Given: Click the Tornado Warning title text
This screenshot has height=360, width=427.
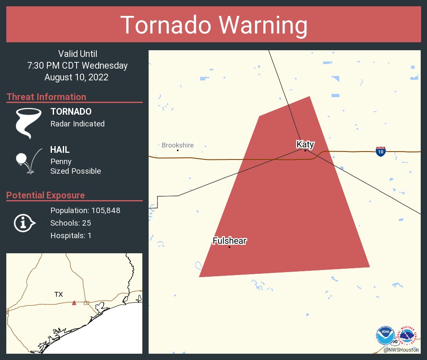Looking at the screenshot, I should (213, 25).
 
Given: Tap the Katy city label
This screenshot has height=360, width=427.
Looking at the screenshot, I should (305, 144).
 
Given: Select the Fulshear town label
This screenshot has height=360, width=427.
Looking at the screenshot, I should (229, 241).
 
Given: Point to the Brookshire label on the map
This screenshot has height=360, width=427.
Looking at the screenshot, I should (177, 145).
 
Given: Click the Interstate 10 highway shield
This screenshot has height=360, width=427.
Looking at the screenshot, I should (381, 152).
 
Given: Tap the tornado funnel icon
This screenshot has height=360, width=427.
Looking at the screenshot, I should (28, 123).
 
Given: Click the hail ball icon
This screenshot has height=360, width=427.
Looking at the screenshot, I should (22, 159).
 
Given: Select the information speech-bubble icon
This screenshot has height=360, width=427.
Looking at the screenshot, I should (25, 223).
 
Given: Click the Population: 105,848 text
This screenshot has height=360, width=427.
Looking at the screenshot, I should (85, 211).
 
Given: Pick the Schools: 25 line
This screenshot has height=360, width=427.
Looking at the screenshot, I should (70, 223).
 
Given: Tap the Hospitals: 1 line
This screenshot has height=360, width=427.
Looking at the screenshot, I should (71, 236).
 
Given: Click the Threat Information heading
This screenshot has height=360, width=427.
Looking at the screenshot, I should (46, 97).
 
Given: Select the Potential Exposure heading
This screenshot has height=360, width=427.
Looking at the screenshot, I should (46, 195).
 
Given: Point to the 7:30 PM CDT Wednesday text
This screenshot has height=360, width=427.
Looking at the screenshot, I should (77, 66).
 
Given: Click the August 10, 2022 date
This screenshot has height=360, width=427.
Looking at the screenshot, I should (76, 77).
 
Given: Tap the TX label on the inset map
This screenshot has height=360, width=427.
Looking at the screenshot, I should (59, 295).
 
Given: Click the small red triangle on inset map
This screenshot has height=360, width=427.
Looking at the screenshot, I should (74, 303).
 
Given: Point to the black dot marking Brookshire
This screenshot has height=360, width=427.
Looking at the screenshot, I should (177, 150).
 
